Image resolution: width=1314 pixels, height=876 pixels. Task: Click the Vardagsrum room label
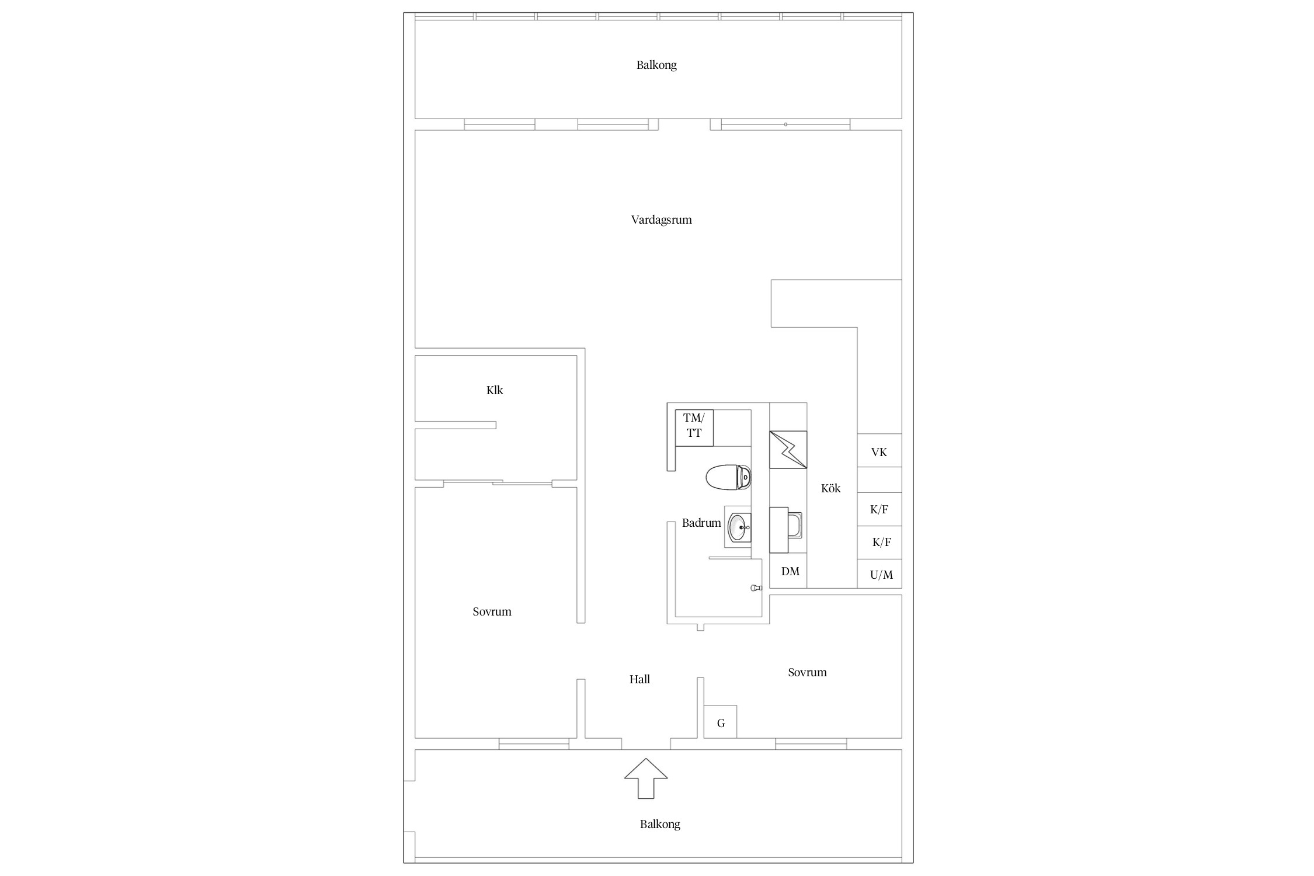(661, 220)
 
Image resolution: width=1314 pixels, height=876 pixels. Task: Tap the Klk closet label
(495, 390)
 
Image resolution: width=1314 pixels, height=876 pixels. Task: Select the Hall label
(639, 679)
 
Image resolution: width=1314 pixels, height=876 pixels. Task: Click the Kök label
(830, 488)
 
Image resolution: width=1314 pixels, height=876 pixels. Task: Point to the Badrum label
(701, 523)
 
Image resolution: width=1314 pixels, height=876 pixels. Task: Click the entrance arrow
(645, 778)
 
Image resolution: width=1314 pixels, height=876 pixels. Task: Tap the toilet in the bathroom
(728, 477)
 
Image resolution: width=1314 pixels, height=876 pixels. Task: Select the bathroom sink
(738, 527)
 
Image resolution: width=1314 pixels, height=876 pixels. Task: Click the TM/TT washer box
(694, 428)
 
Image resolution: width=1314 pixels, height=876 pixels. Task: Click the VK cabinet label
(879, 452)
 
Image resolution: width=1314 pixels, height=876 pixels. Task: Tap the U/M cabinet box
(880, 573)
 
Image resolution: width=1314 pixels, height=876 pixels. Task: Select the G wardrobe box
(720, 722)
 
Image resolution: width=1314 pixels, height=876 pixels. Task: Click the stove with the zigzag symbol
(788, 450)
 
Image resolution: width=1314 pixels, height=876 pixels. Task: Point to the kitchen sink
(786, 530)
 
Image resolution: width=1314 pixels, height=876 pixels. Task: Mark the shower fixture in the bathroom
(756, 588)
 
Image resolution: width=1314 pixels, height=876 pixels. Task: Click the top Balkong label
(656, 65)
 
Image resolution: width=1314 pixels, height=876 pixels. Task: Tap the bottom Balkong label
(660, 825)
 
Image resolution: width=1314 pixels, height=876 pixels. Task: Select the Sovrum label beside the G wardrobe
(807, 672)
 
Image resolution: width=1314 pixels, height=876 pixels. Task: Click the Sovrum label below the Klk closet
(492, 611)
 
